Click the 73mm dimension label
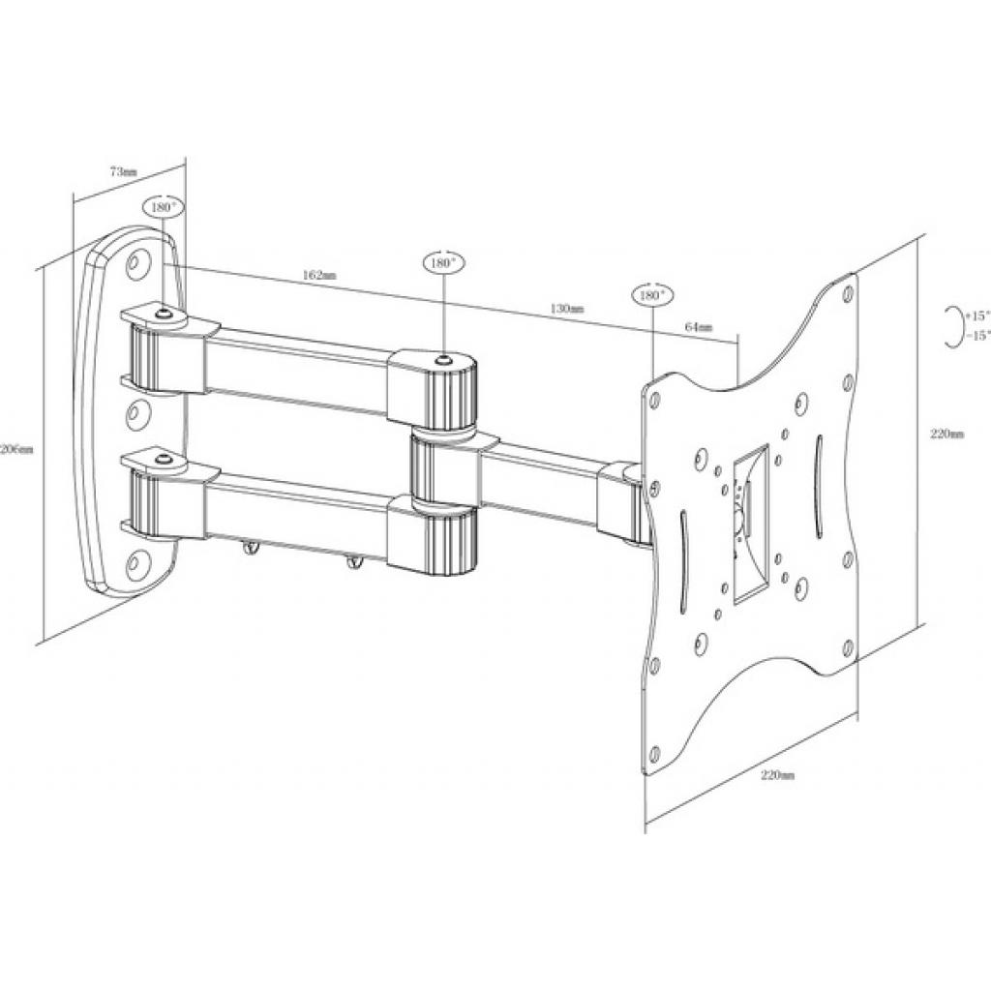(123, 171)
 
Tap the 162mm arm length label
(319, 275)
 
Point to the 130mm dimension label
(567, 309)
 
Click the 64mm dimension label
(698, 327)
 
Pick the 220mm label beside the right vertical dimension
(946, 435)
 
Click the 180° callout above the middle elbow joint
(443, 262)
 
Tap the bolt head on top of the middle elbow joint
(443, 360)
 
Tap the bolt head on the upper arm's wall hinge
(163, 314)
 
